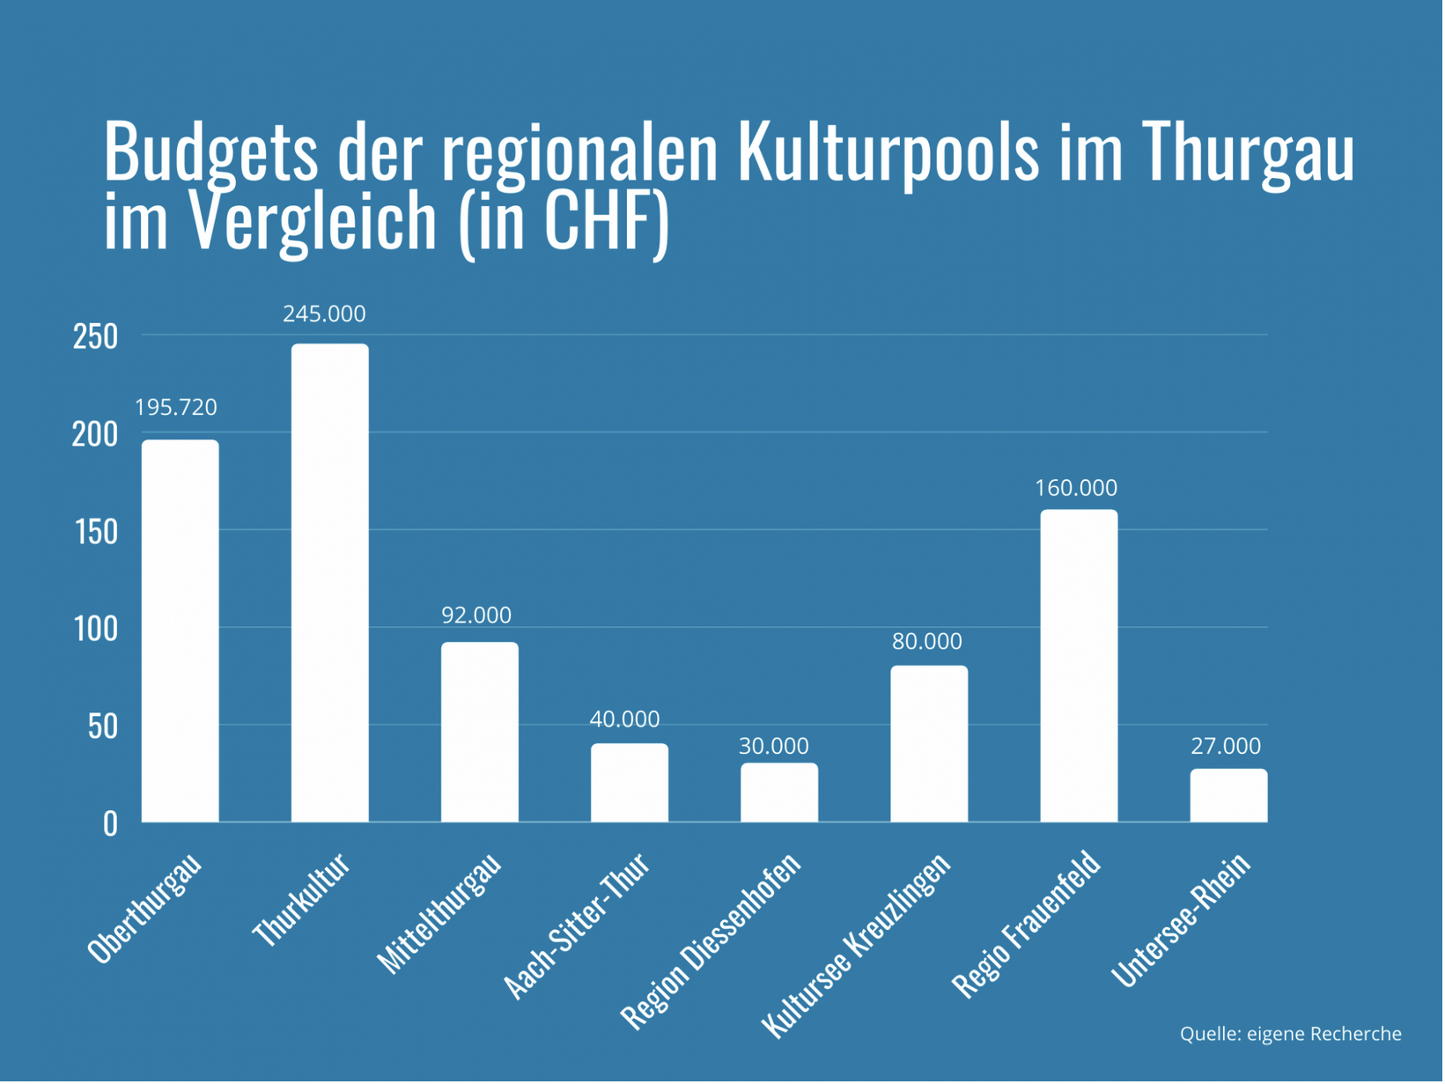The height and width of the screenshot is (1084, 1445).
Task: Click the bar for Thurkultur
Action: coord(330,584)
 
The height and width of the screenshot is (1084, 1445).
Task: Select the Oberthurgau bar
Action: coord(181,632)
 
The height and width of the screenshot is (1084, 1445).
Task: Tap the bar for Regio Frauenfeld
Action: coord(1080,667)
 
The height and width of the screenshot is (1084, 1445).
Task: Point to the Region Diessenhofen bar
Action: coord(780,794)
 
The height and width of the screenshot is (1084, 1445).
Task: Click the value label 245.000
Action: coord(325,314)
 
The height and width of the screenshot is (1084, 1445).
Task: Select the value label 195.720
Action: coord(176,408)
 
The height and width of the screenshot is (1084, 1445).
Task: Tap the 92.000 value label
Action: coord(477,616)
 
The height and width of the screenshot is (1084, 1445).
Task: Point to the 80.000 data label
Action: coord(928,642)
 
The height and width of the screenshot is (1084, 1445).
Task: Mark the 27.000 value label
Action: coord(1228,747)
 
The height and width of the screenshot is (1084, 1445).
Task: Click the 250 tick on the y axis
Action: coord(96,337)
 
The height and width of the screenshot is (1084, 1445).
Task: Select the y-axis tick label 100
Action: coord(96,630)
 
